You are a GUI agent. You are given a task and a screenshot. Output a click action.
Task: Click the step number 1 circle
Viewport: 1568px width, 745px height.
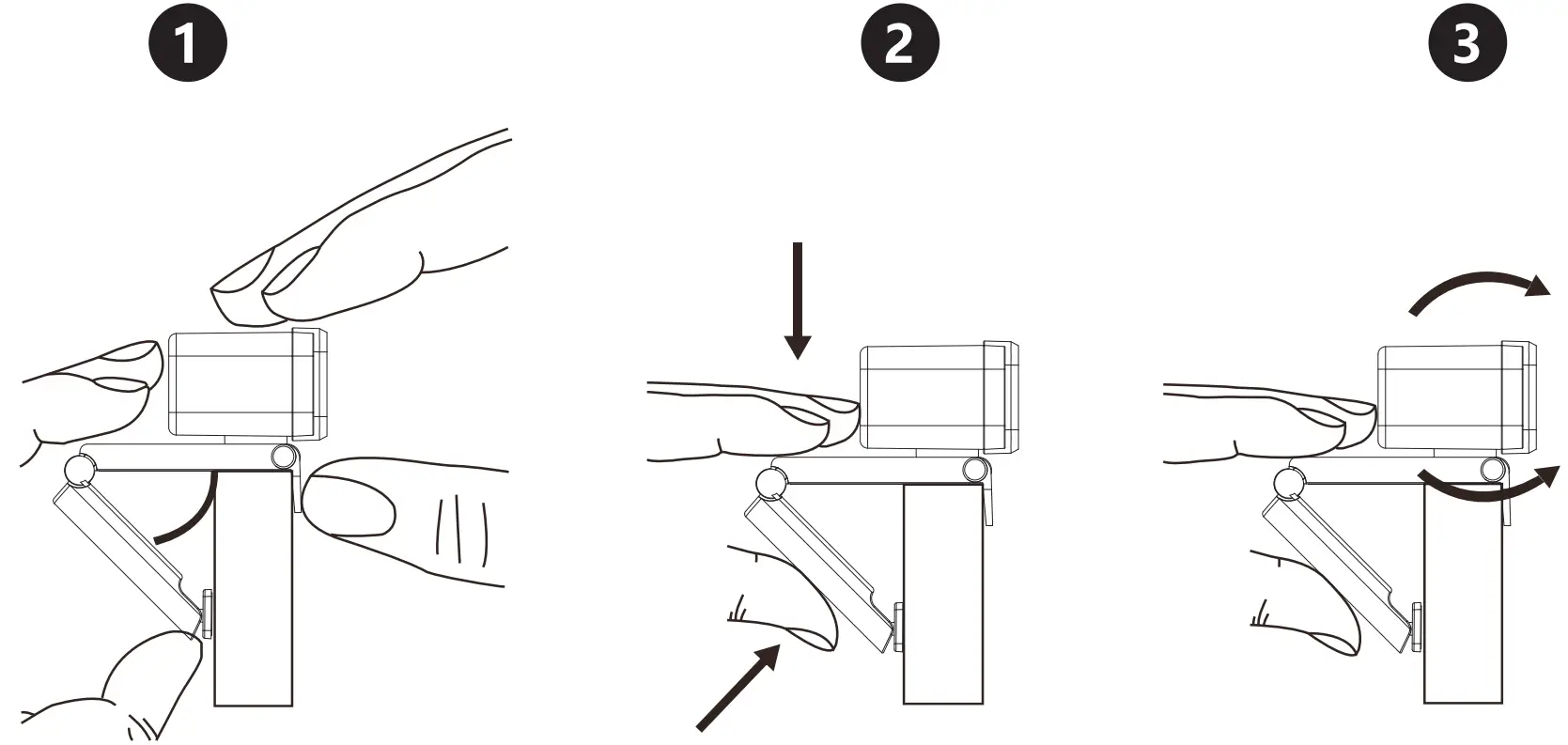pos(188,44)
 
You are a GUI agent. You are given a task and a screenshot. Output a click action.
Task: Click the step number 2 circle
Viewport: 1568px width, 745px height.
pos(899,44)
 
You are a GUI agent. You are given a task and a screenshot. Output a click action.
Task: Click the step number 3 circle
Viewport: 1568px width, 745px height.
pos(1466,44)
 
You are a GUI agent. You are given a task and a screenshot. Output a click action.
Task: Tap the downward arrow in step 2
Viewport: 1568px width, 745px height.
pos(798,301)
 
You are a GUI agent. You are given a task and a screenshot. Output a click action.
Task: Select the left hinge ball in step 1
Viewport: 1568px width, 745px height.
pos(81,467)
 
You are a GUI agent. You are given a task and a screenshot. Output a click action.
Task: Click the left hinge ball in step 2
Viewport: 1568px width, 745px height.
pos(771,483)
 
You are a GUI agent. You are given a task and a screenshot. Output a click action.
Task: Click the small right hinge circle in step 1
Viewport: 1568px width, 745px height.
pos(283,458)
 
